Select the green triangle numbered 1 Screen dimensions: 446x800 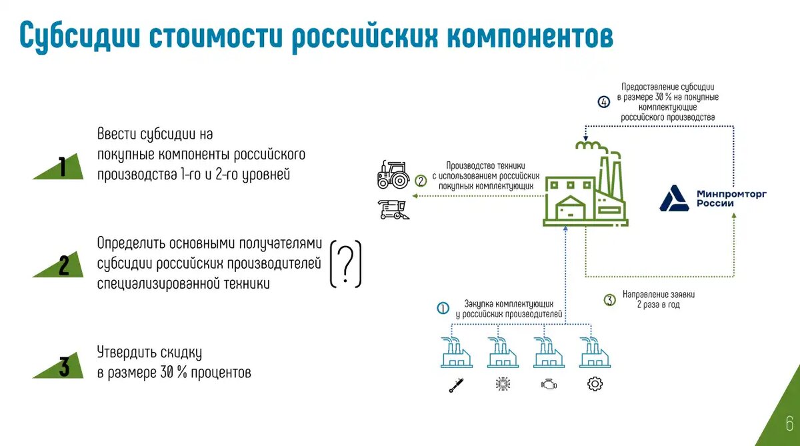tap(61, 167)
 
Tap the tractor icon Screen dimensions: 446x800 tap(393, 174)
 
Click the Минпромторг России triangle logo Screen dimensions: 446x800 tap(675, 199)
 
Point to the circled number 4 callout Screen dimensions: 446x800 tap(603, 102)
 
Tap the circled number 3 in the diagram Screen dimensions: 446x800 tap(609, 300)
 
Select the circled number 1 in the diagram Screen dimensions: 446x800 tap(443, 308)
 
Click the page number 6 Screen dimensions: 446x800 tap(789, 423)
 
